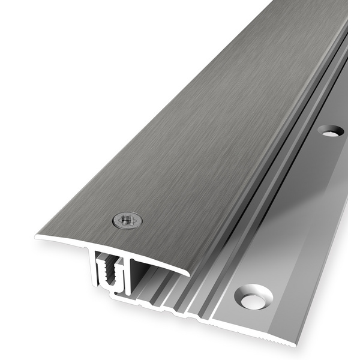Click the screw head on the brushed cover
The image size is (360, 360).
click(x=127, y=220)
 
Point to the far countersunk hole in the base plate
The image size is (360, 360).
click(x=331, y=130)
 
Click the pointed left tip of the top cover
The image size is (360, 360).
click(x=37, y=236)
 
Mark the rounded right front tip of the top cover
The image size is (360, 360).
click(x=188, y=272)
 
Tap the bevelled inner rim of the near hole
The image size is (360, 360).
click(x=246, y=294)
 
